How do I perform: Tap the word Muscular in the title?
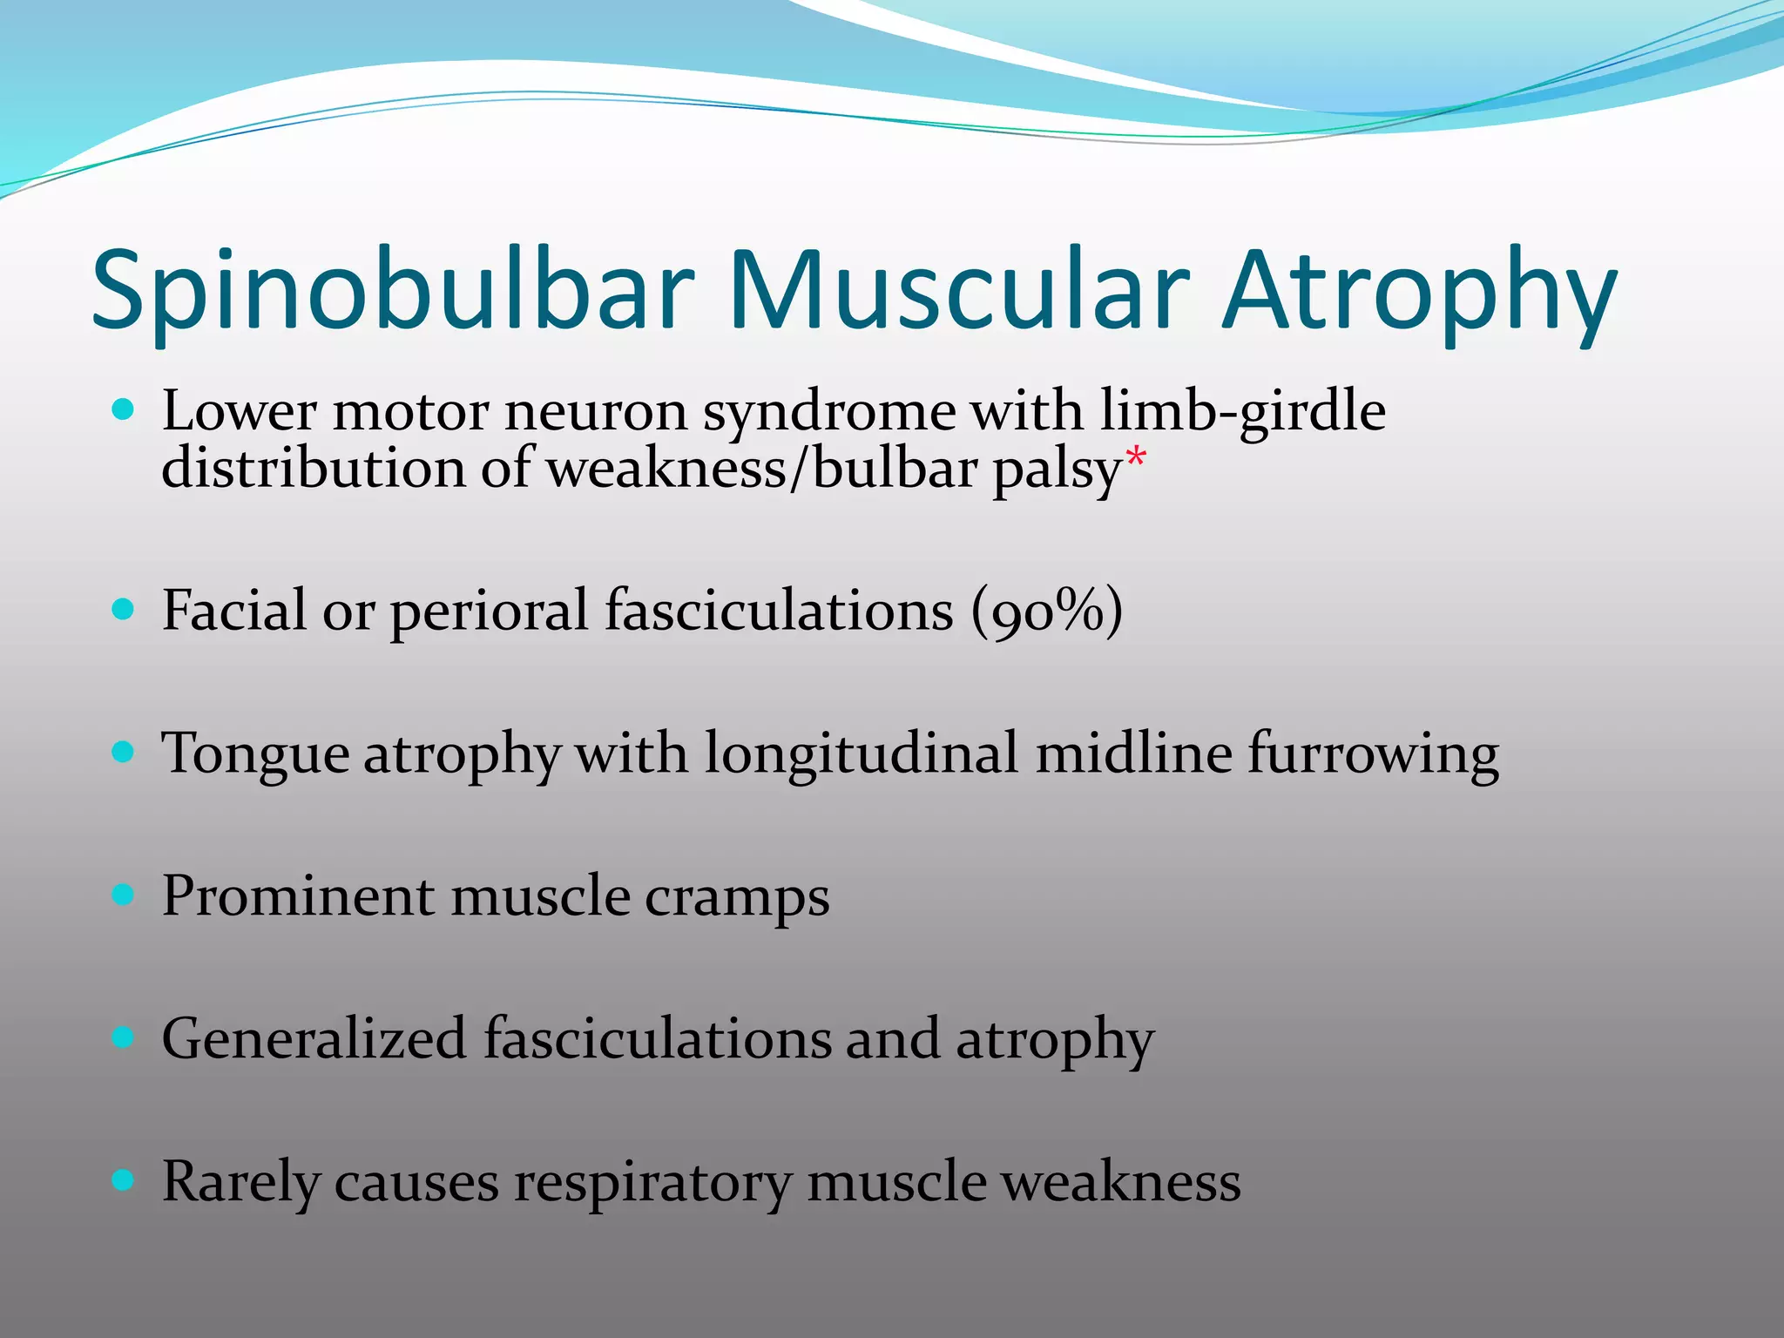point(958,291)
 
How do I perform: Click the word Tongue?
point(254,754)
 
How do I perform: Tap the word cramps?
point(737,897)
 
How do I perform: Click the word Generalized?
point(314,1039)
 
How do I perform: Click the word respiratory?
point(652,1183)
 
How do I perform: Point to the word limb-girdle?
point(1242,411)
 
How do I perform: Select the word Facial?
point(233,611)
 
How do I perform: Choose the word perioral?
point(489,611)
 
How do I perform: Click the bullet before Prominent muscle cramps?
point(124,895)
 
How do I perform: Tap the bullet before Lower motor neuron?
point(124,409)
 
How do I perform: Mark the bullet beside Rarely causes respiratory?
point(124,1180)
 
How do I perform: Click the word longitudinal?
point(861,753)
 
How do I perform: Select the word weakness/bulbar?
point(762,469)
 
